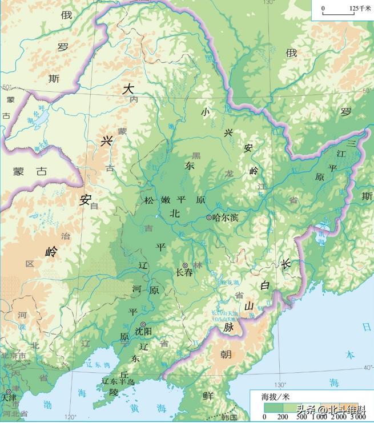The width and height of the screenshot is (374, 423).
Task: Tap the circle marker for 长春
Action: pos(185,265)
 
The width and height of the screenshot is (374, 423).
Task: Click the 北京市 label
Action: pos(13,356)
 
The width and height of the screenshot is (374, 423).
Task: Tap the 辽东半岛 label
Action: pos(118,381)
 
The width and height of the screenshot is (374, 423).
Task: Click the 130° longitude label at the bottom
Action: pos(280,384)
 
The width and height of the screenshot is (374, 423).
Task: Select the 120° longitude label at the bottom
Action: pos(71,417)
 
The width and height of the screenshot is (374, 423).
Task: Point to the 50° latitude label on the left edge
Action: pos(6,87)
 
